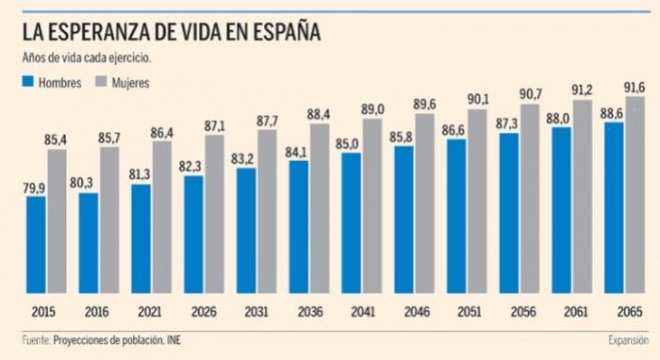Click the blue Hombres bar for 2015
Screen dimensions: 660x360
click(x=36, y=245)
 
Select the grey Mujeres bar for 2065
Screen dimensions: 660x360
click(x=635, y=195)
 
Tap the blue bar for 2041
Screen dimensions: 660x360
click(x=352, y=223)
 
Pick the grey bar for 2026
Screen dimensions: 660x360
click(x=215, y=214)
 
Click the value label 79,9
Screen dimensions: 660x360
click(x=34, y=188)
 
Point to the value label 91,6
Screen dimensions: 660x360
click(x=635, y=88)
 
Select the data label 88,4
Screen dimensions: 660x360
click(x=319, y=114)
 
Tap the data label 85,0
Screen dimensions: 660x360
click(x=347, y=144)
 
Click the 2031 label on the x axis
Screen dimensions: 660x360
click(x=256, y=312)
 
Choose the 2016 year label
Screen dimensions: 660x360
click(x=97, y=312)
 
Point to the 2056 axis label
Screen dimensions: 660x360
click(x=523, y=312)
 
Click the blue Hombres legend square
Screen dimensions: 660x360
click(x=27, y=82)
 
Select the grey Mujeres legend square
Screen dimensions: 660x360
click(x=101, y=82)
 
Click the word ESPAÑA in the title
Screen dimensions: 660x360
click(x=287, y=32)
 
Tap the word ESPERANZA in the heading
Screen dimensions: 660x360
click(x=99, y=32)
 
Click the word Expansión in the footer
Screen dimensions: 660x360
click(x=629, y=340)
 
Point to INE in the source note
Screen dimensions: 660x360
click(x=173, y=340)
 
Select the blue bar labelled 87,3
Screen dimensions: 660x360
click(x=509, y=213)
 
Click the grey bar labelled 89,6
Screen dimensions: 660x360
click(x=424, y=204)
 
